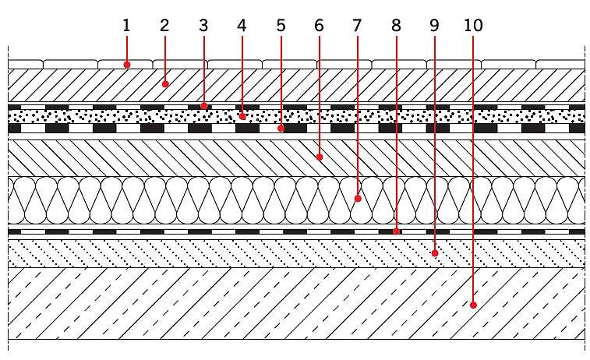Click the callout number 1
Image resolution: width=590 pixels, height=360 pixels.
point(126,26)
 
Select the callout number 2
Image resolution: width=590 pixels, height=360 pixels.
point(164,26)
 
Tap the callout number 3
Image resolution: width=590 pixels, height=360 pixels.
point(203,26)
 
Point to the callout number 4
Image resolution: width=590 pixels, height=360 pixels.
point(242,26)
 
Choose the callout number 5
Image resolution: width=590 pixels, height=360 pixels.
point(281,26)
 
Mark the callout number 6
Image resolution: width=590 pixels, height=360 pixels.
point(319,26)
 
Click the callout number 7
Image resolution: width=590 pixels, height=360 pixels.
point(357,26)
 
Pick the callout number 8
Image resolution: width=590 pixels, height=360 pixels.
point(396,26)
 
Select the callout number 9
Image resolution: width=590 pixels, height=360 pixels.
point(435,26)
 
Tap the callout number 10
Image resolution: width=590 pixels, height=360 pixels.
point(473,26)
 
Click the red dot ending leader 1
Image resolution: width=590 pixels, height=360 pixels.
point(127,65)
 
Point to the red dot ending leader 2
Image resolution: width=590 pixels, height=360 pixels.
point(165,84)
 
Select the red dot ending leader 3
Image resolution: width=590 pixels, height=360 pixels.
point(204,106)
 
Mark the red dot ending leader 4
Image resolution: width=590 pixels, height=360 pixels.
point(242,117)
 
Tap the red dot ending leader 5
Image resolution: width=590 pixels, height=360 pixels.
point(281,129)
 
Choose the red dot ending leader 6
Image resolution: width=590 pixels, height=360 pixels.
point(320,157)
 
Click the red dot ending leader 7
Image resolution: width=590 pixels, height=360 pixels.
point(358,198)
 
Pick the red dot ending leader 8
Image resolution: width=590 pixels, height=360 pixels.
point(396,231)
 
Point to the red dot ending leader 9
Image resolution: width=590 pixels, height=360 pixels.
point(435,253)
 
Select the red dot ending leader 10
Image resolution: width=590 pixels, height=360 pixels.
point(473,305)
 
